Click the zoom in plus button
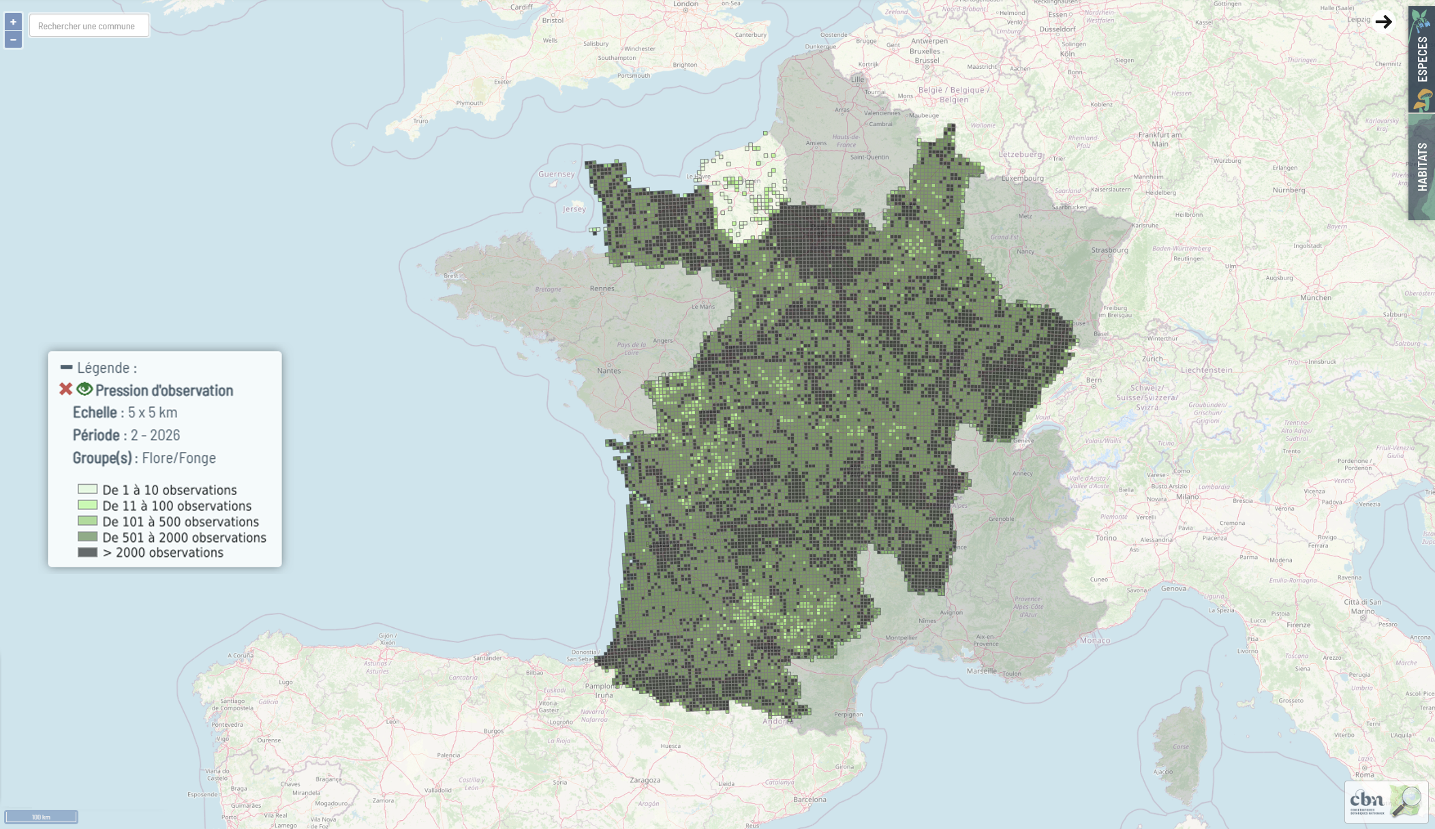tap(13, 22)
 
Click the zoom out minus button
tap(13, 40)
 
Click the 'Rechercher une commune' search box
tap(89, 26)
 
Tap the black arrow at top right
tap(1383, 22)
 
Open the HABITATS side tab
tap(1421, 167)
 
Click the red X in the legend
tap(65, 389)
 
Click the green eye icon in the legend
tap(84, 389)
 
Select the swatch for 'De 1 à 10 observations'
tap(87, 489)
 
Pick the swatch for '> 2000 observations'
tap(87, 552)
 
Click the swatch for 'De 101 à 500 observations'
tap(87, 522)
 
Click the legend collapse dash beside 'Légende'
tap(66, 367)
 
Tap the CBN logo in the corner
tap(1386, 801)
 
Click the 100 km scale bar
tap(41, 817)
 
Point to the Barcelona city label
tap(809, 799)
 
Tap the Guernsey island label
tap(556, 174)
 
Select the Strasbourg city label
tap(1109, 250)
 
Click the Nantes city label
tap(608, 371)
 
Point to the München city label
tap(1315, 297)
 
